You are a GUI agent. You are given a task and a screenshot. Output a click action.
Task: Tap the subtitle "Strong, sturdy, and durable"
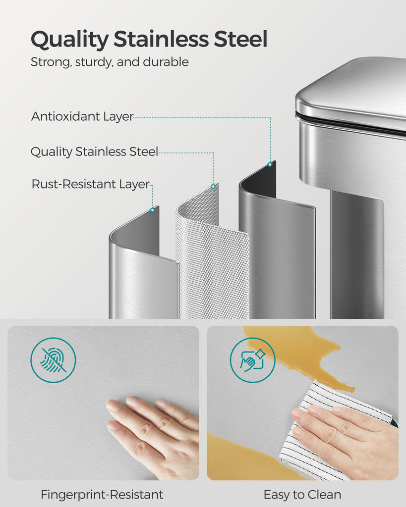[x=110, y=62]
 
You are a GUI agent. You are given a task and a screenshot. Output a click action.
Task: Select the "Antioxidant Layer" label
[x=82, y=116]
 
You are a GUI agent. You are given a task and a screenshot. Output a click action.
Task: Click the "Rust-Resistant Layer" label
[x=91, y=184]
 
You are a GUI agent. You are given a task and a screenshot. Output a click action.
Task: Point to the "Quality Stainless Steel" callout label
[x=94, y=152]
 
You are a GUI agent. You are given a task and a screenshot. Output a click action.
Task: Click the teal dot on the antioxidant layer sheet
[x=270, y=164]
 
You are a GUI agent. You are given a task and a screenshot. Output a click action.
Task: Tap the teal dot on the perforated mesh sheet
[x=213, y=186]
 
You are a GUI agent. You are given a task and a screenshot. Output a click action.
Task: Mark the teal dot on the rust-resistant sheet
[x=153, y=210]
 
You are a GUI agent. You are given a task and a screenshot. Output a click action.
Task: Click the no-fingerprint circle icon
[x=53, y=360]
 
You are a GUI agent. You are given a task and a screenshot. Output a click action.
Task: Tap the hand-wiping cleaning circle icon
[x=252, y=360]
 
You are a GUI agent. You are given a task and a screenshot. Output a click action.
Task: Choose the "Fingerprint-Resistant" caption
[x=102, y=495]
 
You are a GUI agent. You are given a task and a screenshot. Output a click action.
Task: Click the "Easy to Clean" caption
[x=302, y=495]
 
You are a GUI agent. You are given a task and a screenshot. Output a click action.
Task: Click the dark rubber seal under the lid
[x=349, y=122]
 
